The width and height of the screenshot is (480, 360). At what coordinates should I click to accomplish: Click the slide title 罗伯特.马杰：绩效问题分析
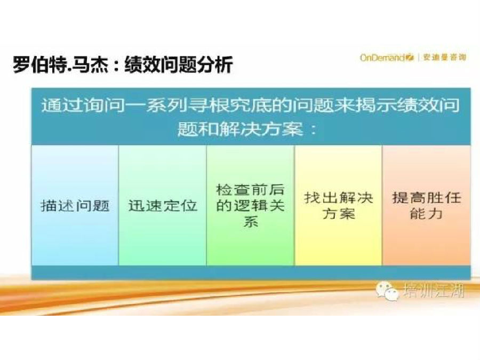coord(123,65)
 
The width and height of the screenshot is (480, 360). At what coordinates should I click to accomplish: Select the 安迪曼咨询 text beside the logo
coord(444,57)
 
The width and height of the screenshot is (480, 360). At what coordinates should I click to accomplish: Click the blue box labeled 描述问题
coord(75,205)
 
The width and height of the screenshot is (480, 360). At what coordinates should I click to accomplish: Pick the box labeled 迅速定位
coord(163,205)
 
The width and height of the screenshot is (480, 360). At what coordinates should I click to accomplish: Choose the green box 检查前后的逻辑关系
coord(251,205)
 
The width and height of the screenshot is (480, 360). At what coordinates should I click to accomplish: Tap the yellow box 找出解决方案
coord(338,205)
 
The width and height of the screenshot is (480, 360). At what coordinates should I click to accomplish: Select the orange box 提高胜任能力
coord(427,205)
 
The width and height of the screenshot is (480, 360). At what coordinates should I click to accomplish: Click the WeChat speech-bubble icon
coord(388,291)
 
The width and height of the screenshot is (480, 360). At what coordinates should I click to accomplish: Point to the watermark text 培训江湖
coord(434,290)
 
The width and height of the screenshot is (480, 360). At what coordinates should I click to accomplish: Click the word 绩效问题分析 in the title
coord(179,65)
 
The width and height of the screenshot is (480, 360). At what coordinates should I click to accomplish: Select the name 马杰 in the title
coord(90,65)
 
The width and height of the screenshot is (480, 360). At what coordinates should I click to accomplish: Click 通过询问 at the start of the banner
coord(83,105)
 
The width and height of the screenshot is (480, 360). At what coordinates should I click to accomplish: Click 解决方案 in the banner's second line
coord(261,129)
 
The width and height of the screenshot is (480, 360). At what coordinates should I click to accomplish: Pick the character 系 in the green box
coord(251,221)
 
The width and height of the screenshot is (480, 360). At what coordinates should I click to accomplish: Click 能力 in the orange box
coord(427,213)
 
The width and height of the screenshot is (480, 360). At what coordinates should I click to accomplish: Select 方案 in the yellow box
coord(338,213)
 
